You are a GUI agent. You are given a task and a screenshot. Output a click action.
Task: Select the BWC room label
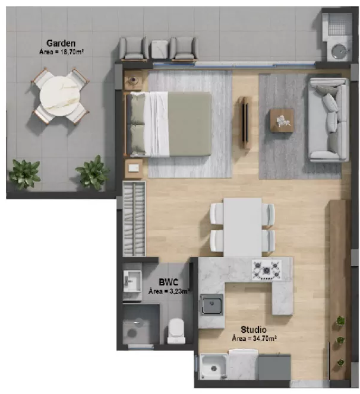click(x=169, y=282)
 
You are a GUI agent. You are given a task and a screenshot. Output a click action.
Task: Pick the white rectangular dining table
click(x=242, y=226)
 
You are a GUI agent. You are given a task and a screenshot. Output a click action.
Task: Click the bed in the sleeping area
click(x=170, y=123)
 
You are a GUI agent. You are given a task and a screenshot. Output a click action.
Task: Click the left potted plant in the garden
click(x=25, y=174)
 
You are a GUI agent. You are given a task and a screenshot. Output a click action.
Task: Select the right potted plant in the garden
click(x=93, y=172)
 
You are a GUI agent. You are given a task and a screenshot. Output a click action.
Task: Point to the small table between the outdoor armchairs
click(x=159, y=49)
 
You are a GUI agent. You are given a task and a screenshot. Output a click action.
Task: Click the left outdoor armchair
click(x=134, y=48)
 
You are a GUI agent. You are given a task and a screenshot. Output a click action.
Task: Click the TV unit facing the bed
click(x=244, y=122)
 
